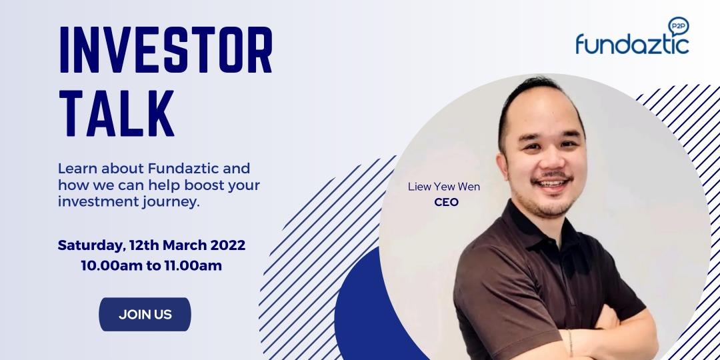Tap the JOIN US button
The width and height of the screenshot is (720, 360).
tap(145, 315)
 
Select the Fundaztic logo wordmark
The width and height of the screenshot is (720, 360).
tap(632, 45)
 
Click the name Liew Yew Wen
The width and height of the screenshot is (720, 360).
tap(443, 187)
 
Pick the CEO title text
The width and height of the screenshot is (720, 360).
tap(445, 202)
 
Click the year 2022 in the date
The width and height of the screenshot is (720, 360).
tap(227, 245)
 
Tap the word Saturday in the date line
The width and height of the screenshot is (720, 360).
tap(89, 245)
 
